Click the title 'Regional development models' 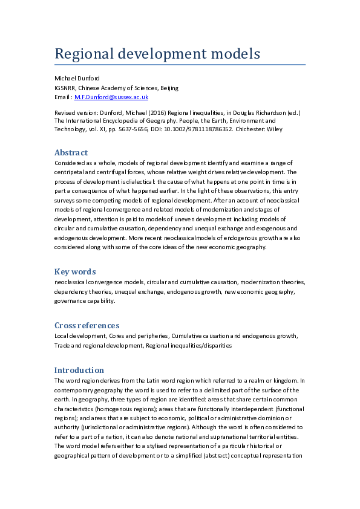click(157, 54)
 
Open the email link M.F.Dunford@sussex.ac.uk click(112, 97)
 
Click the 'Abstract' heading click(71, 152)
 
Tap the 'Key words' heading click(75, 271)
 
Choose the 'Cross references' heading click(87, 325)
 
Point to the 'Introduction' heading click(79, 370)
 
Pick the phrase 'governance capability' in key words click(84, 300)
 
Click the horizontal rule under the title click(180, 64)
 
